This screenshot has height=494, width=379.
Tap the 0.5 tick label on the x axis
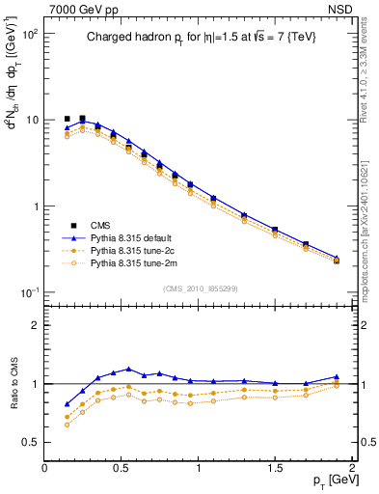pos(122,468)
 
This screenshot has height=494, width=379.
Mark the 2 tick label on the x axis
pos(352,468)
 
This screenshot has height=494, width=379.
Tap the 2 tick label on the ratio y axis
pos(34,325)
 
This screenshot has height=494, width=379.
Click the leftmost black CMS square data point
pos(67,119)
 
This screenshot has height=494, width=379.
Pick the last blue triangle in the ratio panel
pos(337,377)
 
